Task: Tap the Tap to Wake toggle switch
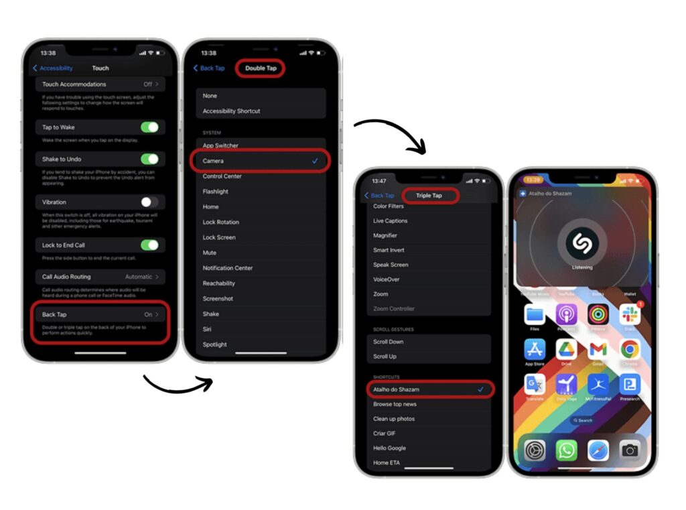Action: coord(149,127)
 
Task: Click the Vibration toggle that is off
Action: coord(149,202)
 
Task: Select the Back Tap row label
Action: coord(54,314)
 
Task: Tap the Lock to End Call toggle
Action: coord(149,245)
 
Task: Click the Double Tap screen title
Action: coord(261,68)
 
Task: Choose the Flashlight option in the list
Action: coord(216,192)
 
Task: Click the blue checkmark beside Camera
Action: coord(315,162)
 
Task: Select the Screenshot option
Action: coord(218,299)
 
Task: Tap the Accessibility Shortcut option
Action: coord(231,111)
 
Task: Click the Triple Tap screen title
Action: coord(429,196)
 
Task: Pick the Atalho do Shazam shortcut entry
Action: coord(396,389)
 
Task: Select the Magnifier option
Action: coord(385,235)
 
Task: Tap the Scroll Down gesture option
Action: coord(389,342)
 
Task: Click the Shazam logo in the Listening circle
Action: coord(581,243)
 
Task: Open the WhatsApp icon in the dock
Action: coord(566,450)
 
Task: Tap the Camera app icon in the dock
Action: coord(630,450)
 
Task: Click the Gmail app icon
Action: coord(598,350)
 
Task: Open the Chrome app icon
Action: coord(630,350)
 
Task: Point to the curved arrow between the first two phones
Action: coord(178,384)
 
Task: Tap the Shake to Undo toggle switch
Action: coord(149,160)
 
